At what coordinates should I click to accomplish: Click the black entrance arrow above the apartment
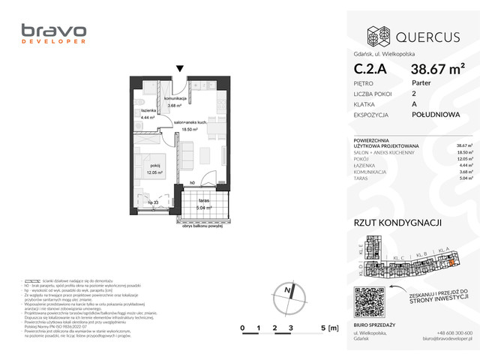pos(179,70)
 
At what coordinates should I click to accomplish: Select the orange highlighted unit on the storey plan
pos(449,261)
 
